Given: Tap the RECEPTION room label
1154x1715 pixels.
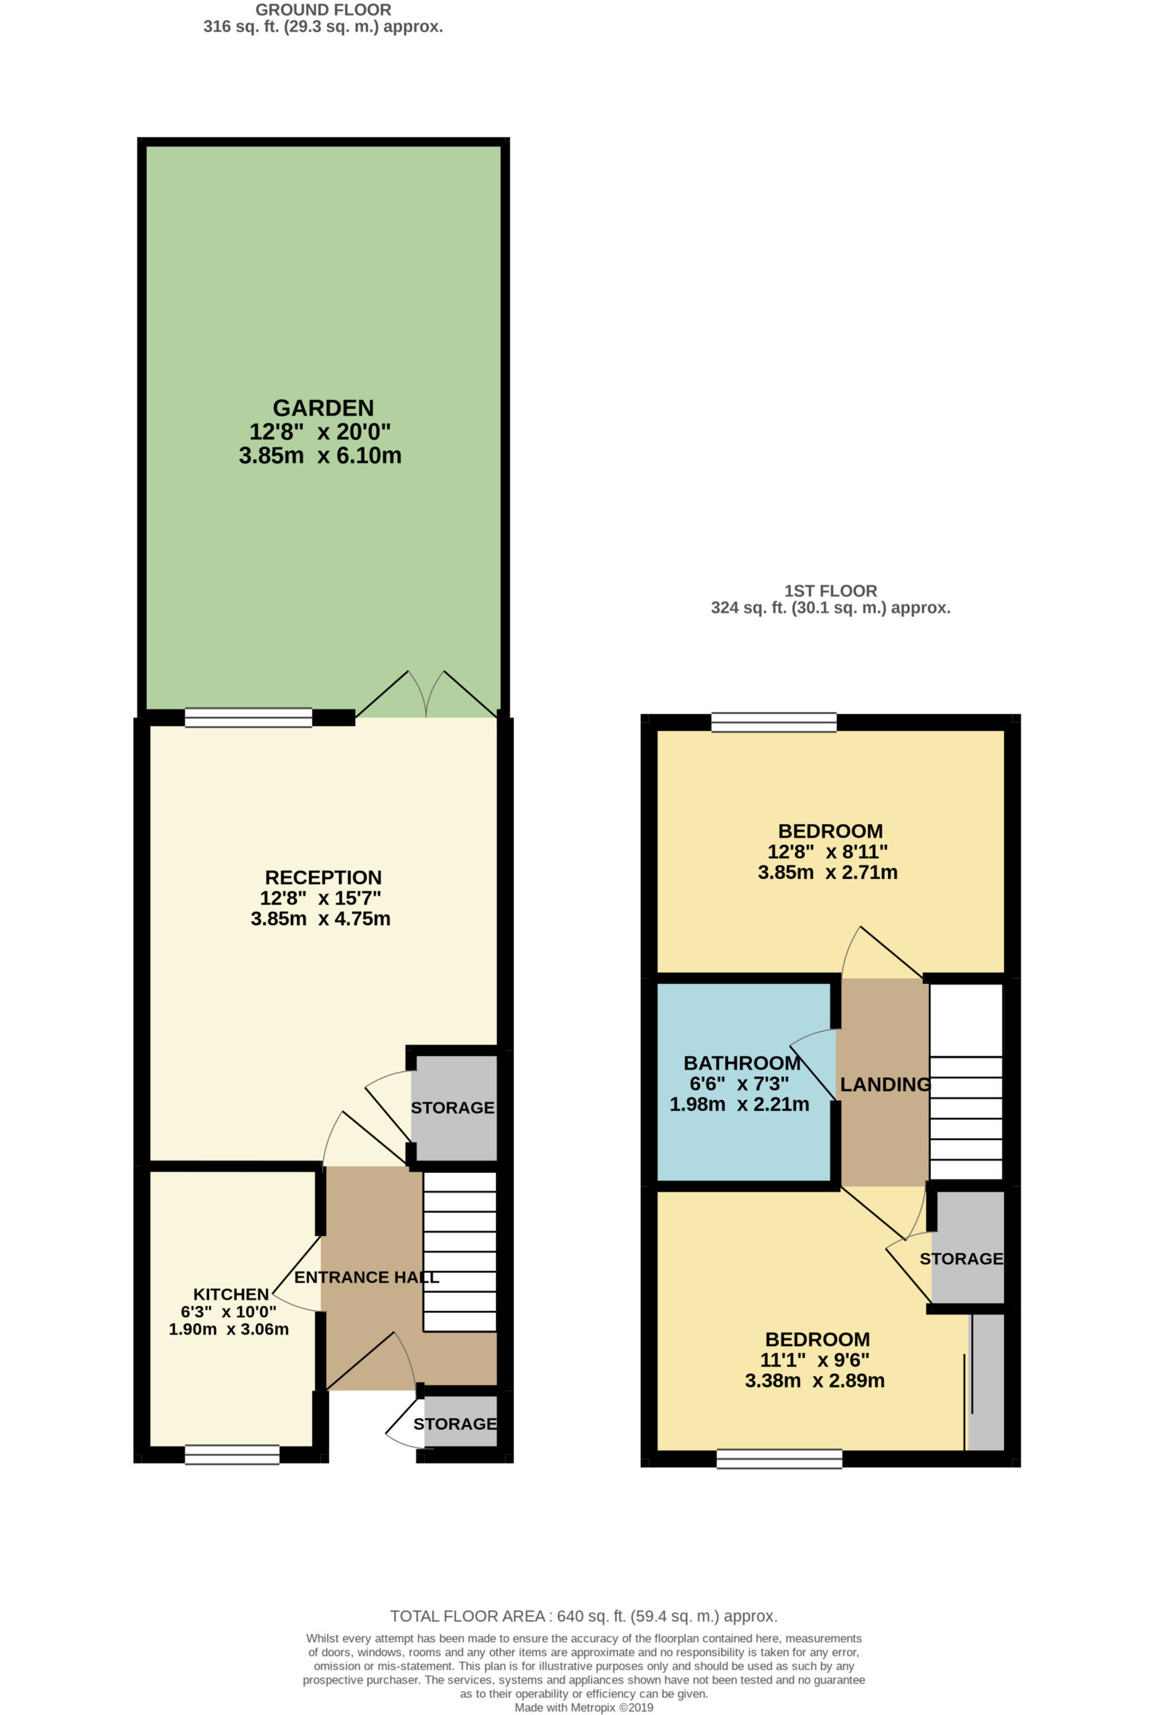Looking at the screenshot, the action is pos(323,877).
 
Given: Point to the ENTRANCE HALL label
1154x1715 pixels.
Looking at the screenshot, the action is pos(367,1278).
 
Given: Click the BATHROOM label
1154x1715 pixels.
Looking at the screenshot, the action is pos(742,1063).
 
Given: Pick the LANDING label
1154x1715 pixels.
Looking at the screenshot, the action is pos(885,1085).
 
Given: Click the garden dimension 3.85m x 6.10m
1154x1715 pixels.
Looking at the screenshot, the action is pos(320,456).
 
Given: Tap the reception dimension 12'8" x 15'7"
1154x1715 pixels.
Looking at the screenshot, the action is pos(320,898).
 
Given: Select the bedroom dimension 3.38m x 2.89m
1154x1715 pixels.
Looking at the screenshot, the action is pos(815,1380).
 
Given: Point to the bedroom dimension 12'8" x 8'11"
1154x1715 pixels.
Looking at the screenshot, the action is pos(827,851).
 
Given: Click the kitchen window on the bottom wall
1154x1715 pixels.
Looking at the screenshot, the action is pos(232,1454).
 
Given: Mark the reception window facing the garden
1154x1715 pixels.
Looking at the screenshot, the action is pos(248,717).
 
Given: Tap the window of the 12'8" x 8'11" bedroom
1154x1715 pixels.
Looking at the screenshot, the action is pos(774,722).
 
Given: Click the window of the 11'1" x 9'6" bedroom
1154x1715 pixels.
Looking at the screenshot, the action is pos(779,1458).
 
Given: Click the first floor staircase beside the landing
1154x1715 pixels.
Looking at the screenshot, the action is pos(966,1081).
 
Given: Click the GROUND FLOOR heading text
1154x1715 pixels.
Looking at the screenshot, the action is pos(323,10).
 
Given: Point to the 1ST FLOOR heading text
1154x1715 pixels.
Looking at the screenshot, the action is pos(830,591).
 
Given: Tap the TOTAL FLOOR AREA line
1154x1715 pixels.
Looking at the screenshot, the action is pos(584,1617).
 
